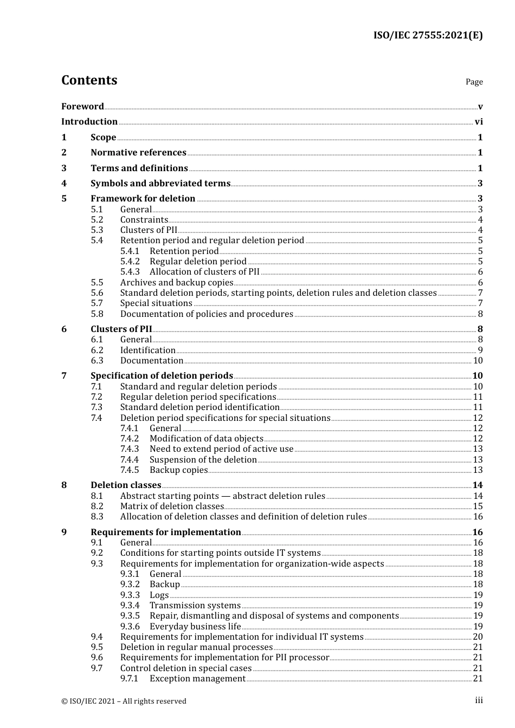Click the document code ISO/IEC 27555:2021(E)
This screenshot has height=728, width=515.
tap(428, 36)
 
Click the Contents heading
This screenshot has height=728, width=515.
tap(89, 80)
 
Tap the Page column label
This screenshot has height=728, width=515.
tap(474, 82)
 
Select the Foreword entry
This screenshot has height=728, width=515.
tap(82, 106)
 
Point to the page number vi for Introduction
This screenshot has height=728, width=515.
tap(479, 122)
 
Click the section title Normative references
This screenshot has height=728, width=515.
tap(138, 153)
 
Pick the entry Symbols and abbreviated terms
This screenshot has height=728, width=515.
tap(160, 184)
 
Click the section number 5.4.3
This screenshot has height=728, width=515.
tap(130, 272)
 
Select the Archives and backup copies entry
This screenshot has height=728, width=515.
tap(177, 283)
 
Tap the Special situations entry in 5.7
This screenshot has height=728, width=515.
tap(156, 303)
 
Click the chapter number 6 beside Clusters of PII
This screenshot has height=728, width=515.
tap(64, 329)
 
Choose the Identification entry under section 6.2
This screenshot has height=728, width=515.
tap(148, 350)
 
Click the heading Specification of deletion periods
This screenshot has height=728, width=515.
tap(162, 376)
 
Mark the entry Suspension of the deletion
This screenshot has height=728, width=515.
tap(203, 460)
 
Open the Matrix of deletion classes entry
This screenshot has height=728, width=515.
tap(172, 506)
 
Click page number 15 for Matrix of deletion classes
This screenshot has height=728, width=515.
tap(478, 506)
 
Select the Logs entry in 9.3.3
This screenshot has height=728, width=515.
tap(159, 595)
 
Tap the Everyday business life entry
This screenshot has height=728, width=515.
tap(195, 627)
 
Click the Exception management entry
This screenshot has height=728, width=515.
tap(197, 679)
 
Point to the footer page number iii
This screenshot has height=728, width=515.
tap(479, 700)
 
